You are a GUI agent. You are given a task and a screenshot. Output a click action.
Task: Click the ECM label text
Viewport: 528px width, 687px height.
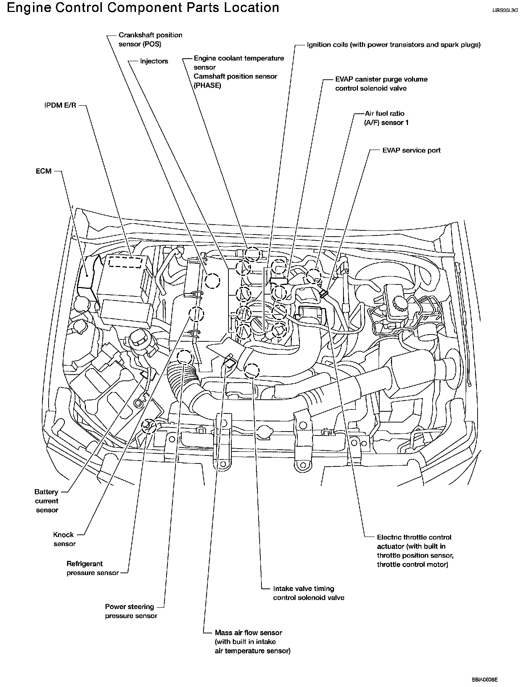tap(44, 171)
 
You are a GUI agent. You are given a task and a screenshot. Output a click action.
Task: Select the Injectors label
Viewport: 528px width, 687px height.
tap(154, 61)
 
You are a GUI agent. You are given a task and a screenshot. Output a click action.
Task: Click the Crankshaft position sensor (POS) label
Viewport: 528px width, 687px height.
tap(150, 39)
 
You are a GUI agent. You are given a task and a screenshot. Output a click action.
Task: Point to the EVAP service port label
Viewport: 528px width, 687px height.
tap(411, 150)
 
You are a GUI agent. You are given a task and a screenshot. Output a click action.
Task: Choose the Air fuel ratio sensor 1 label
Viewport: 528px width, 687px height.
tap(386, 118)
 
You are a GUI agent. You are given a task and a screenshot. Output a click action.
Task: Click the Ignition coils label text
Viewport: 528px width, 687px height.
tap(393, 45)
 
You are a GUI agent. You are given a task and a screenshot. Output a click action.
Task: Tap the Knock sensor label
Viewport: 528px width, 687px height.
tap(64, 539)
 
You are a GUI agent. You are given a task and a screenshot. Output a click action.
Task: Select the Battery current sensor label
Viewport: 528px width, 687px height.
tap(47, 501)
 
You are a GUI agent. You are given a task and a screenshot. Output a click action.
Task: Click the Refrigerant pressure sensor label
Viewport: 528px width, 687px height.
tap(92, 568)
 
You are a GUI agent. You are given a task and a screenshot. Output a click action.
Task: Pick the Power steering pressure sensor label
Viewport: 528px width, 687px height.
tap(131, 611)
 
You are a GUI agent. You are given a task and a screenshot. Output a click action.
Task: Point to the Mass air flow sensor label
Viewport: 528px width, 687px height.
tap(252, 642)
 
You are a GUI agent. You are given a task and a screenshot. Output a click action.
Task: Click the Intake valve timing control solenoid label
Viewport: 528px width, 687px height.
tap(308, 593)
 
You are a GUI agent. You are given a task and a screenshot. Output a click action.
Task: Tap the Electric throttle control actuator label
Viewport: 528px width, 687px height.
tap(415, 551)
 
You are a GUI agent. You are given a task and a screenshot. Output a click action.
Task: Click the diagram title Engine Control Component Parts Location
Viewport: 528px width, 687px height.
tap(143, 8)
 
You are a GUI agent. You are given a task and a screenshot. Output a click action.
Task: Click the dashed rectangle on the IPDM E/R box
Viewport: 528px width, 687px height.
tap(125, 262)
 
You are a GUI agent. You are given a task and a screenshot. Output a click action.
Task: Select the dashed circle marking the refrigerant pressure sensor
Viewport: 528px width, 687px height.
tap(148, 426)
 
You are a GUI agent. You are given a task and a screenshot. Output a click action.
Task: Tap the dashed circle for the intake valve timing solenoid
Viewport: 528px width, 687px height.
tap(252, 371)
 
